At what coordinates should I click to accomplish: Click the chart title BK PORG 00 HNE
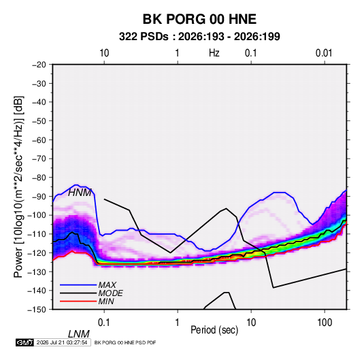pyautogui.click(x=199, y=19)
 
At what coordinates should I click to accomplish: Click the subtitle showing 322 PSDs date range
pyautogui.click(x=199, y=37)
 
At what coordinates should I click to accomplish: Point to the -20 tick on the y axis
pyautogui.click(x=39, y=65)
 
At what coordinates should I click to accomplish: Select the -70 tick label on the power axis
pyautogui.click(x=39, y=159)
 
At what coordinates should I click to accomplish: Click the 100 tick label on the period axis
pyautogui.click(x=325, y=323)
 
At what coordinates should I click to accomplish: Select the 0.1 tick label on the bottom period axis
pyautogui.click(x=104, y=323)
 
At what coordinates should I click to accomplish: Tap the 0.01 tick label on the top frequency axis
pyautogui.click(x=324, y=53)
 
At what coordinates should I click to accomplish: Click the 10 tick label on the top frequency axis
pyautogui.click(x=104, y=53)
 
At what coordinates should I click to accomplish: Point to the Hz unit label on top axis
pyautogui.click(x=214, y=53)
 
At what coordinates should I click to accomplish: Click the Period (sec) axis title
pyautogui.click(x=214, y=330)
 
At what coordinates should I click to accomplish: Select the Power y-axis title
pyautogui.click(x=18, y=186)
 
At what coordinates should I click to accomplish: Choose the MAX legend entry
pyautogui.click(x=107, y=285)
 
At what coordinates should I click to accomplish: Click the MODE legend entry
pyautogui.click(x=110, y=293)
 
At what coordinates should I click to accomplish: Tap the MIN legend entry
pyautogui.click(x=106, y=301)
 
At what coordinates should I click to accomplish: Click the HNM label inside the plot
pyautogui.click(x=80, y=193)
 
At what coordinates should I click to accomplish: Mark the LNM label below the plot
pyautogui.click(x=79, y=334)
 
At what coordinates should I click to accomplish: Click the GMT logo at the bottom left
pyautogui.click(x=25, y=342)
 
